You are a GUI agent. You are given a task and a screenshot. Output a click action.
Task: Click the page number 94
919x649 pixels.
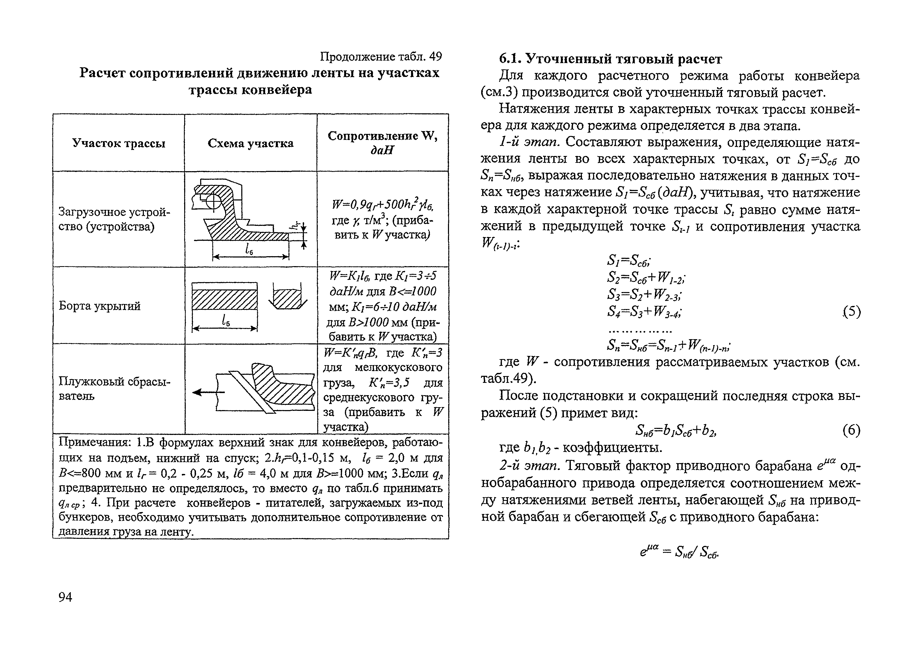click(x=65, y=597)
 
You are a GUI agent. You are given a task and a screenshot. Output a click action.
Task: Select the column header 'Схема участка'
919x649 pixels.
click(x=250, y=143)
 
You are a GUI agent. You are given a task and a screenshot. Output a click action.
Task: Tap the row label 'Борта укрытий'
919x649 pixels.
click(x=100, y=306)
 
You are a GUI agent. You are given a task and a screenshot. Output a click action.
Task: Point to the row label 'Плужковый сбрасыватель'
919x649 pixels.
click(x=114, y=389)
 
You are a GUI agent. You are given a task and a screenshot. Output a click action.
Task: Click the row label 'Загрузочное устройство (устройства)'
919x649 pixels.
click(x=114, y=219)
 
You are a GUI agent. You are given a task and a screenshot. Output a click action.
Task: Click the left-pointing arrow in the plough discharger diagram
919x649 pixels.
click(x=204, y=393)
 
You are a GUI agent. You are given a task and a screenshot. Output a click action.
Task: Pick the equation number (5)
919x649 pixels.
click(x=851, y=311)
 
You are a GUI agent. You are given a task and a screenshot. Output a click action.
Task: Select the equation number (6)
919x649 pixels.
click(x=851, y=430)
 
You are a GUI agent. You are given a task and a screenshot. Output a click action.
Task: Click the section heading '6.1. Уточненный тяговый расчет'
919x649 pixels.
click(x=610, y=59)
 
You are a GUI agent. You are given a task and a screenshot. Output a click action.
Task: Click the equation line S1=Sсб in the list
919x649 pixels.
click(x=629, y=261)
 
